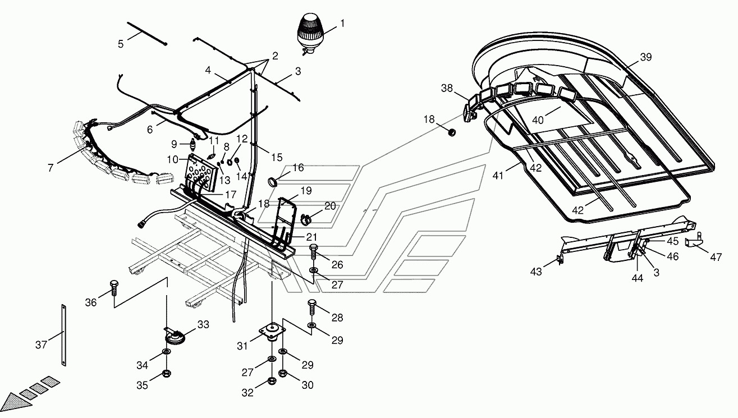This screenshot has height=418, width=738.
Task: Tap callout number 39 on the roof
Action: click(x=646, y=57)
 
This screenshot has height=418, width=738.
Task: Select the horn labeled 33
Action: click(x=174, y=338)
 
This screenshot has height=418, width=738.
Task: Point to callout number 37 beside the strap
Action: click(x=41, y=345)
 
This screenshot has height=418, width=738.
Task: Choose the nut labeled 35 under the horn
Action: click(x=167, y=373)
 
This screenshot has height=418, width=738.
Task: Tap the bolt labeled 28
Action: click(x=312, y=306)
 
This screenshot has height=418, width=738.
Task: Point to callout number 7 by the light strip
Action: click(x=52, y=168)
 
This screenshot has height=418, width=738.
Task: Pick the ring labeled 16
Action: click(x=273, y=181)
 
